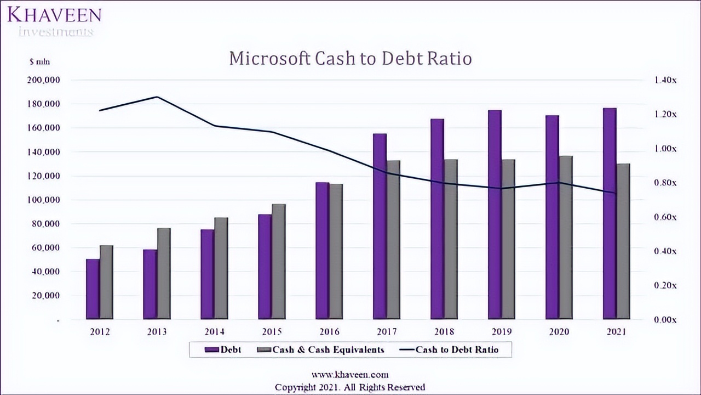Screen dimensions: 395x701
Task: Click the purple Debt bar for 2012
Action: click(x=93, y=289)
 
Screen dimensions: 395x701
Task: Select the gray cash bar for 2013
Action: click(x=164, y=274)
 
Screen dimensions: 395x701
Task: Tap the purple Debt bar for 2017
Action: click(x=380, y=227)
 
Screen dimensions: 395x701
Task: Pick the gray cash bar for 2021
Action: click(x=623, y=241)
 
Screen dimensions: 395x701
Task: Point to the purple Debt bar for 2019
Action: click(x=495, y=215)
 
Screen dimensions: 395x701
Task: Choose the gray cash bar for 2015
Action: click(x=279, y=262)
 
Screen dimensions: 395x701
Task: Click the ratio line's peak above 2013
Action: click(x=157, y=97)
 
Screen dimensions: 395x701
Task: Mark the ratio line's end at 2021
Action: click(x=616, y=193)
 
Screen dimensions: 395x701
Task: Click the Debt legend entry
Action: click(x=223, y=349)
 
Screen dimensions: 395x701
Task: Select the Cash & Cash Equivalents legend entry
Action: click(x=321, y=349)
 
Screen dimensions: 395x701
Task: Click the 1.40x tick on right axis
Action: click(x=665, y=80)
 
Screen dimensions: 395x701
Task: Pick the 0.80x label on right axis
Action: click(x=665, y=183)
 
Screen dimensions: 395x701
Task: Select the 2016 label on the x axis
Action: click(x=329, y=332)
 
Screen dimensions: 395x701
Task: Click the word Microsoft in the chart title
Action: click(x=269, y=59)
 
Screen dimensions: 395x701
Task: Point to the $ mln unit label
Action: click(x=39, y=62)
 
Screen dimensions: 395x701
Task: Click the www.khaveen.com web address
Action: click(x=350, y=375)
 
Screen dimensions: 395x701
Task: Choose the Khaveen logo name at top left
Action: click(x=54, y=15)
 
